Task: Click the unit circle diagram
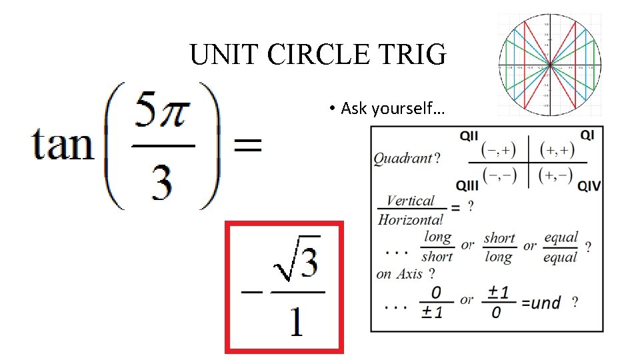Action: (x=549, y=65)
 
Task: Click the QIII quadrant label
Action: (x=467, y=185)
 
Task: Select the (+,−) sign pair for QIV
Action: (x=556, y=176)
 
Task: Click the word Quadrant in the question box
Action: (x=403, y=159)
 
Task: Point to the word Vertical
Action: (x=410, y=201)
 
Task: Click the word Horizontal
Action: (x=410, y=219)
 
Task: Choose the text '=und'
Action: (x=541, y=303)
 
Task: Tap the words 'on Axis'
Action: (x=400, y=274)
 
